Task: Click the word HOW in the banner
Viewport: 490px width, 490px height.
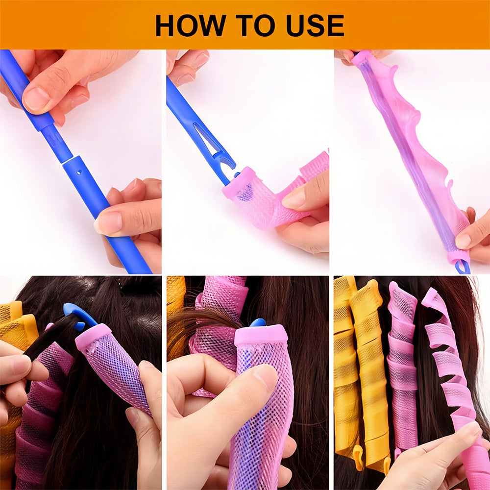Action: click(x=191, y=25)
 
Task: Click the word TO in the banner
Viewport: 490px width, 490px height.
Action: click(x=255, y=25)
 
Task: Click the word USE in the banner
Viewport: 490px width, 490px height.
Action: click(x=315, y=25)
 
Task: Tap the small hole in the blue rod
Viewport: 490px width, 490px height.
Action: click(x=79, y=171)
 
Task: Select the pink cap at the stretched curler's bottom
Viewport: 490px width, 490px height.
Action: click(x=459, y=257)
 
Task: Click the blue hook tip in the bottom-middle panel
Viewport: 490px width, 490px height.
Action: click(x=258, y=322)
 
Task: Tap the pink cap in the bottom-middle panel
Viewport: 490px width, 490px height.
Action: click(x=261, y=336)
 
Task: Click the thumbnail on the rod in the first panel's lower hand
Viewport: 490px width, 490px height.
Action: click(x=108, y=223)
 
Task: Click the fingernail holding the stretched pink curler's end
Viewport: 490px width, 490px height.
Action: click(x=463, y=241)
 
